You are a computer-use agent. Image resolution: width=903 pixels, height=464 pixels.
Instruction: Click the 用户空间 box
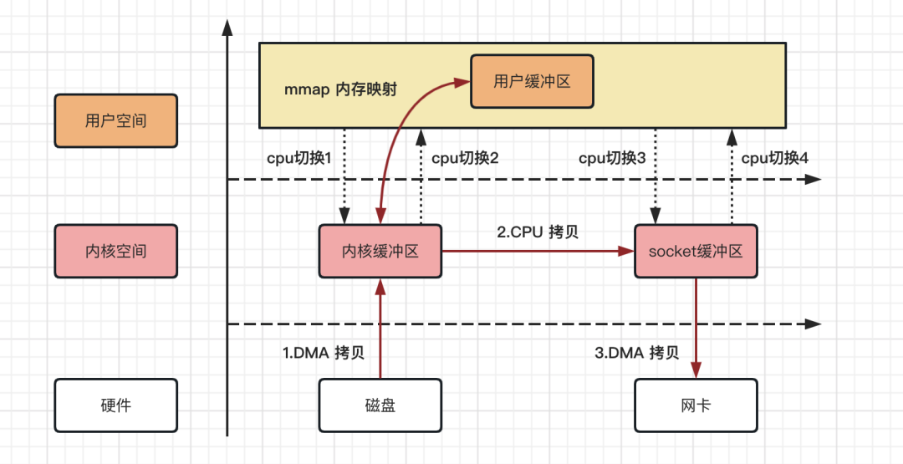pos(115,120)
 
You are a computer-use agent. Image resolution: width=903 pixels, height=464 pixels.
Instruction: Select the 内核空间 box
pos(115,251)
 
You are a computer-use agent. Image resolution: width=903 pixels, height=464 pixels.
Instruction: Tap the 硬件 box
pos(115,405)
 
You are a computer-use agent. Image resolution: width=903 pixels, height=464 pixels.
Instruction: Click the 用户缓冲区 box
pos(532,81)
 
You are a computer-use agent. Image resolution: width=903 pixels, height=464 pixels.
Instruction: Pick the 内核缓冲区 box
pos(380,251)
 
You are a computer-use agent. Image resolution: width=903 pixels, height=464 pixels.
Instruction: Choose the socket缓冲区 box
pos(696,251)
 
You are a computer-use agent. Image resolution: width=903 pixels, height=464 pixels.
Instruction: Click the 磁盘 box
pos(380,405)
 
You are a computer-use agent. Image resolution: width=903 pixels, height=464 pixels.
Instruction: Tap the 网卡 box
pos(696,405)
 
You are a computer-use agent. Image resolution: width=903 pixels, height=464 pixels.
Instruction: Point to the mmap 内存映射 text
pos(340,89)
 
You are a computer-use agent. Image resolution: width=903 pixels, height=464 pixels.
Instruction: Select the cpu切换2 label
pos(465,157)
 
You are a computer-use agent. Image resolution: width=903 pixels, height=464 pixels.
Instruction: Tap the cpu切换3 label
pos(612,157)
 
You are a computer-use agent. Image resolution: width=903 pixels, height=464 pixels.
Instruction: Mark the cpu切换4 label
pos(774,157)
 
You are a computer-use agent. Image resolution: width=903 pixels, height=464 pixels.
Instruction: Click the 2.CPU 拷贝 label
pos(537,232)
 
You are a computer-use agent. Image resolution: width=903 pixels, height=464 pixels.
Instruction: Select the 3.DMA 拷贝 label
pos(636,352)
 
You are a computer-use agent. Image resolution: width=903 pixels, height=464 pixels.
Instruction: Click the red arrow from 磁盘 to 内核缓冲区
pos(380,334)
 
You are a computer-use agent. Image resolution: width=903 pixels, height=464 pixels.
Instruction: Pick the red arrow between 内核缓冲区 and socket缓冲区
pos(535,251)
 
